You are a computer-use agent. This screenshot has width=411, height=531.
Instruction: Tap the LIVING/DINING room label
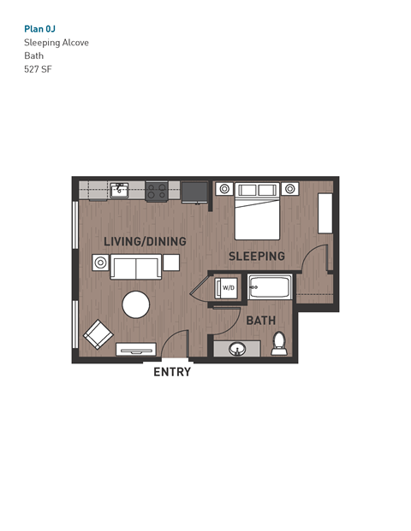145,242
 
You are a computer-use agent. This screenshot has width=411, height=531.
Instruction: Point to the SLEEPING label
256,257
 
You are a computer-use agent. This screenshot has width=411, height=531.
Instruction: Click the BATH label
260,321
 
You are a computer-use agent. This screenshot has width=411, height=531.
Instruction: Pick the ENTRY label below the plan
171,372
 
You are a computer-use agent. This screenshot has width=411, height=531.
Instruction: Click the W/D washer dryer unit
228,289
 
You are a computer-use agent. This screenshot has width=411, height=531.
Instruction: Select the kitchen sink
119,189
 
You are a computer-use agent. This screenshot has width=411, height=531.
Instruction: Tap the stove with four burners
156,191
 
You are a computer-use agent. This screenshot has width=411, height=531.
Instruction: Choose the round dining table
135,304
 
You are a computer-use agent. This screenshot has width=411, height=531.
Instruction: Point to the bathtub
271,288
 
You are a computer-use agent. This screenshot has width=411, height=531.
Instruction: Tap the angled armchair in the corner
96,334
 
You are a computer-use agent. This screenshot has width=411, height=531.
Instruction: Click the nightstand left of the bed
224,189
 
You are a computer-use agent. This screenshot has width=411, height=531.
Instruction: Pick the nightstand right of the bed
291,189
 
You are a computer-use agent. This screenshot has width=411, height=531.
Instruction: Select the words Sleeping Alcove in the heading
56,43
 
